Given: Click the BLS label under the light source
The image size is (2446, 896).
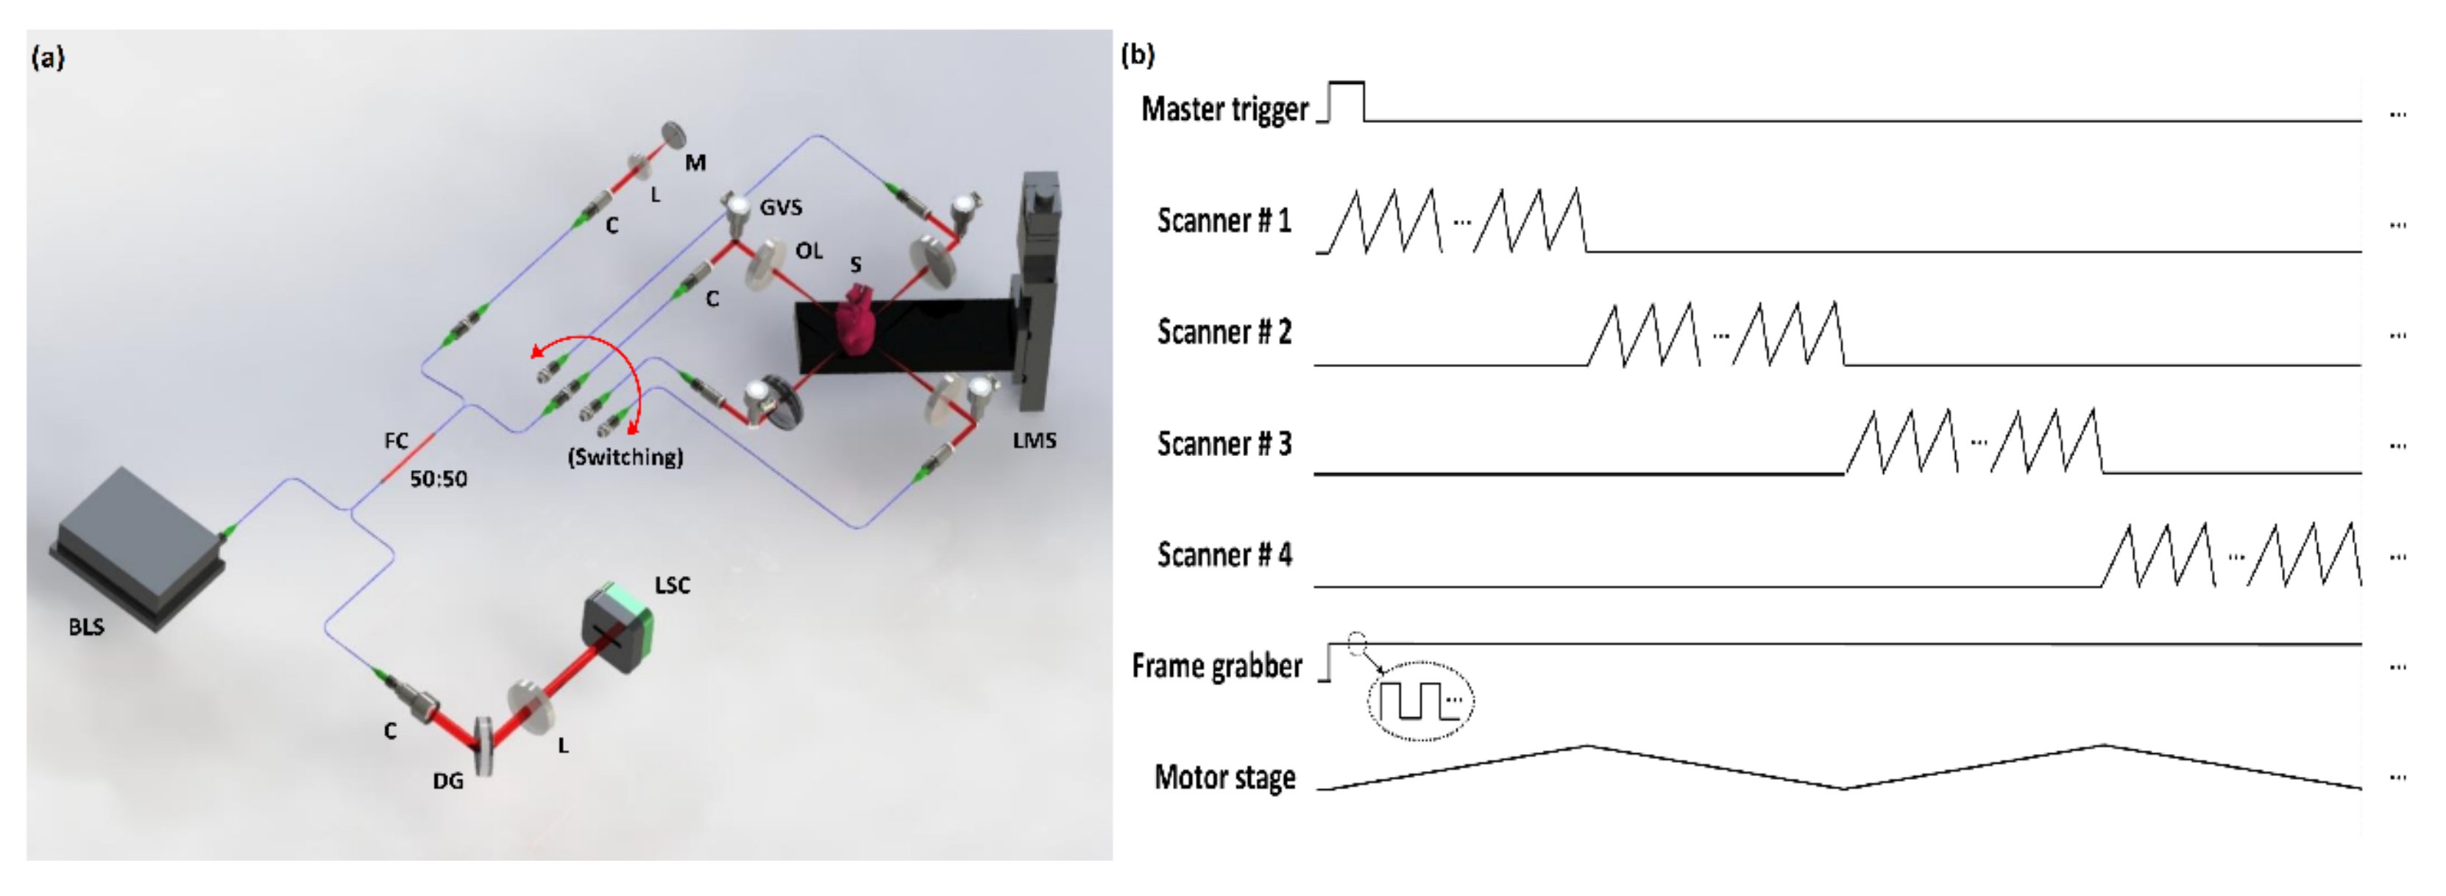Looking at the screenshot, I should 85,627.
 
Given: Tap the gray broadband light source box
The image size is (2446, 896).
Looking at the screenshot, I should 138,546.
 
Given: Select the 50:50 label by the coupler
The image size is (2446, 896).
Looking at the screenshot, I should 438,478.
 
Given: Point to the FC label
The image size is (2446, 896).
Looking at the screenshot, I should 396,441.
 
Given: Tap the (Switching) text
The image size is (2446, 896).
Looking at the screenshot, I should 625,457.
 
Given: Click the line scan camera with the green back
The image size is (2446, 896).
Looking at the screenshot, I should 618,628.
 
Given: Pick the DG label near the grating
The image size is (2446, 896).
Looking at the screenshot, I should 447,781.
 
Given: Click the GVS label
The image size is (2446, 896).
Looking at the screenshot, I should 781,207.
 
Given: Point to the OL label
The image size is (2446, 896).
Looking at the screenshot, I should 808,251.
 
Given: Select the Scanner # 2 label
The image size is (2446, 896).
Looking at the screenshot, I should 1223,333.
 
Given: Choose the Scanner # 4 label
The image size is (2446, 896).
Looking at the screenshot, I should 1223,555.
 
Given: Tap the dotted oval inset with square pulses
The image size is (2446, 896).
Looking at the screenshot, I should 1419,700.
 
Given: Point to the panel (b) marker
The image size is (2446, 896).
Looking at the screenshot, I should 1138,54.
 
